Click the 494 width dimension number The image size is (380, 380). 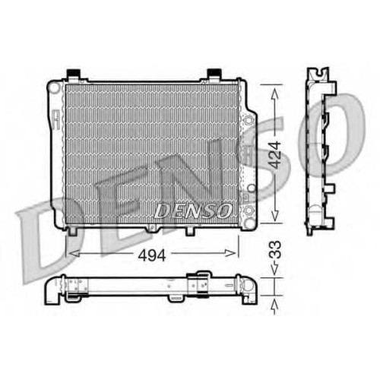(x=152, y=255)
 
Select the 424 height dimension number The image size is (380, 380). (x=274, y=155)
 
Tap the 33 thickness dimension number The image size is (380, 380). (x=274, y=249)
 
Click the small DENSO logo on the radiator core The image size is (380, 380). (x=193, y=211)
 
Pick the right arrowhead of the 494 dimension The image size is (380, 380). (x=230, y=253)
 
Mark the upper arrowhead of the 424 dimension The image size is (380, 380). (x=274, y=95)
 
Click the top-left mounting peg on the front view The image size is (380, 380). (x=74, y=74)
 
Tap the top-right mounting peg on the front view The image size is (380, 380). (x=214, y=74)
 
